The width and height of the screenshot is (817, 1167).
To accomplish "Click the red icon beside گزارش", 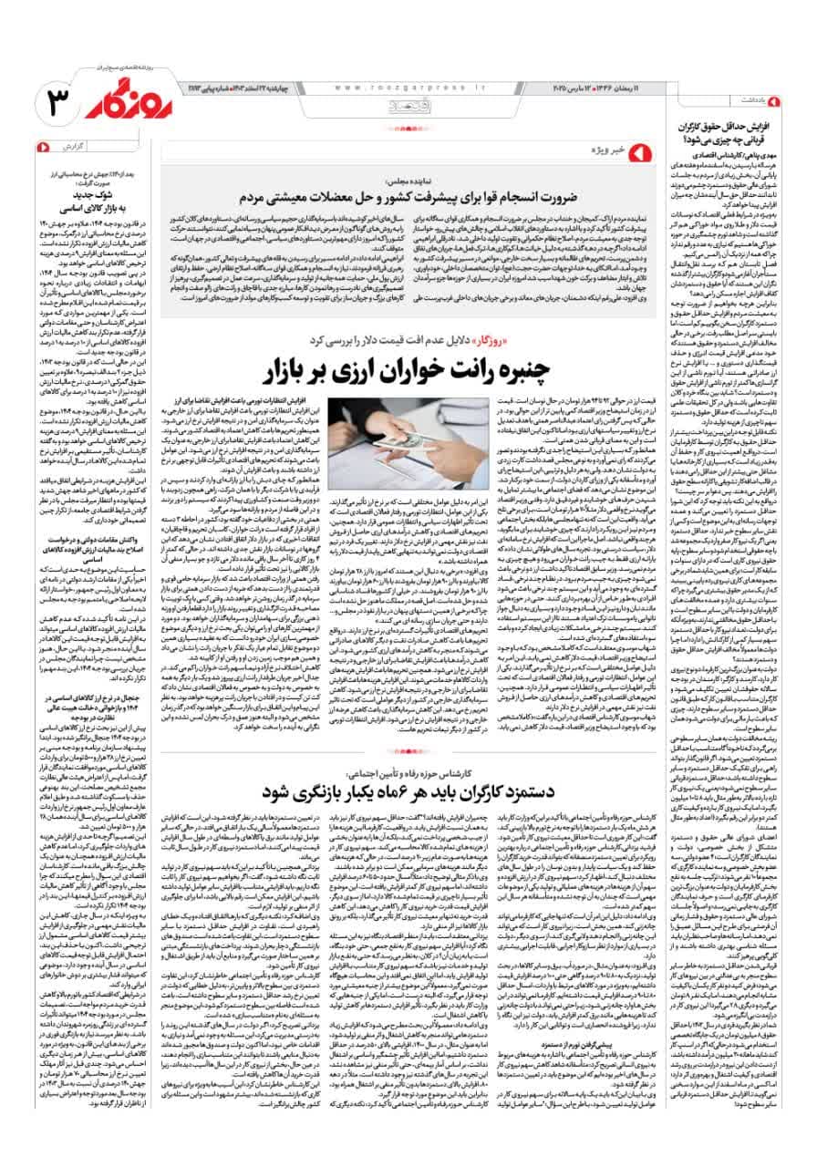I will click(x=42, y=146).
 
